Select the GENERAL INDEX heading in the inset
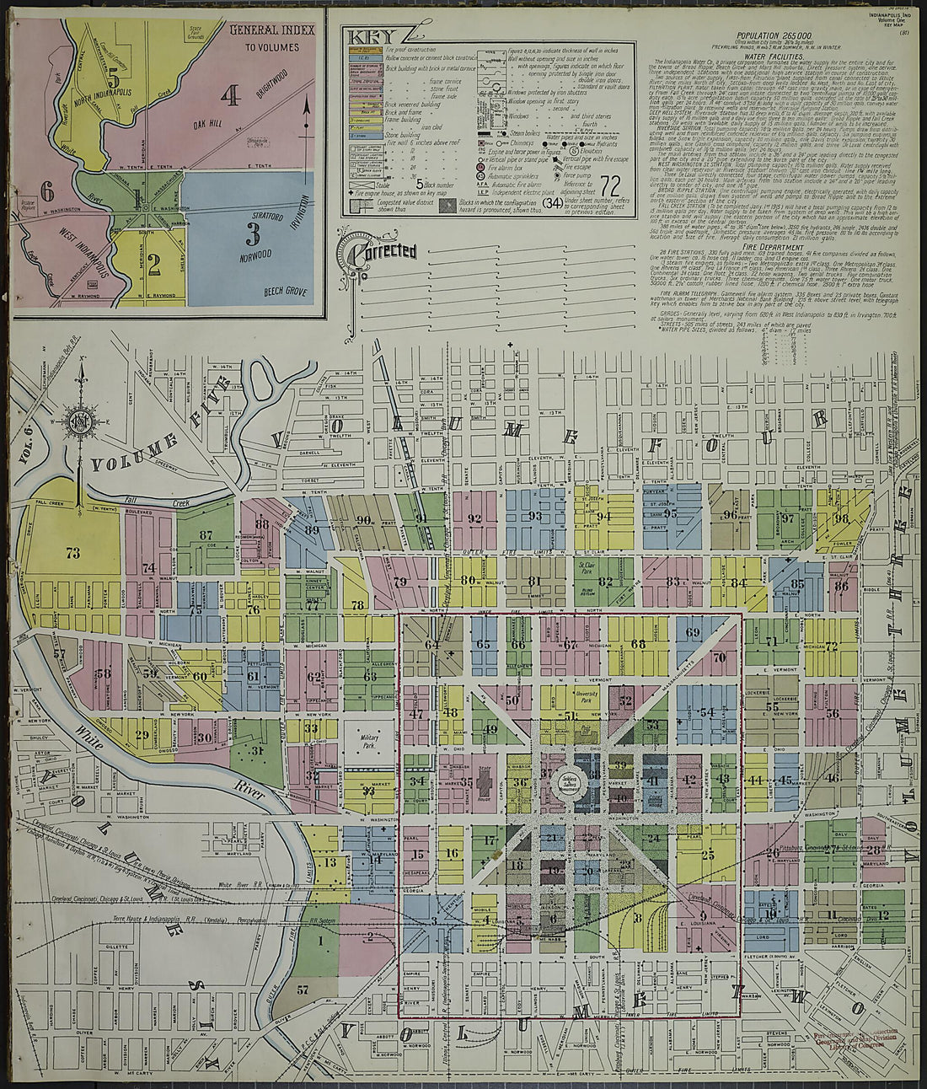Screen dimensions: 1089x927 271,30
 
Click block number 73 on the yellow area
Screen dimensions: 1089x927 72,553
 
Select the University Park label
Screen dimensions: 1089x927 587,696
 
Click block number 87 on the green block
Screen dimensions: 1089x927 206,534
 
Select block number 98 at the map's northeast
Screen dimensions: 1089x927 840,518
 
